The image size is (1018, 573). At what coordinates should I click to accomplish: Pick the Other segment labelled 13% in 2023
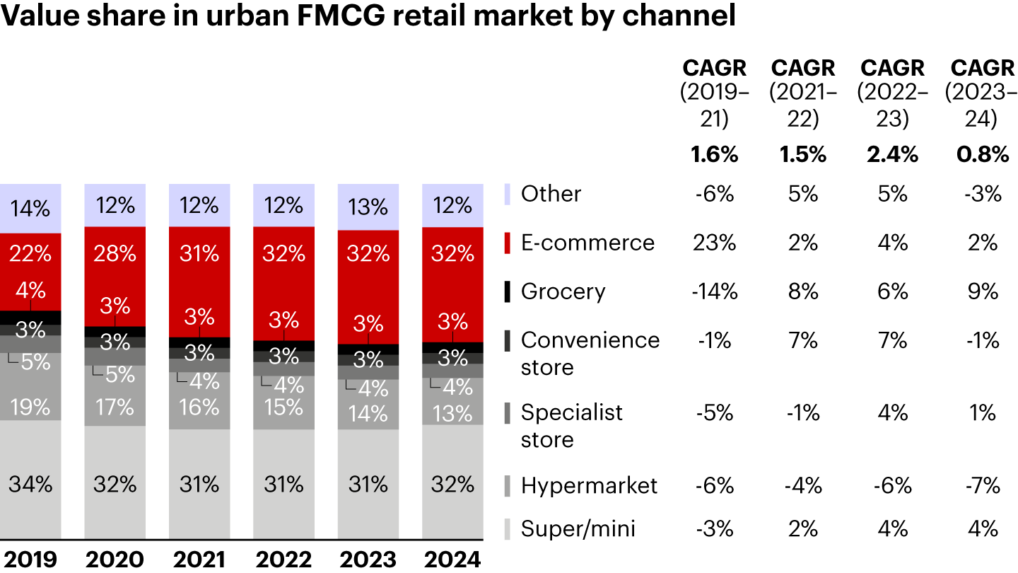click(x=368, y=207)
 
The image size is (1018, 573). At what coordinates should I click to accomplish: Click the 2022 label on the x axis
click(x=283, y=560)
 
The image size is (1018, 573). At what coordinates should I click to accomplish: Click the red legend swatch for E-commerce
click(x=507, y=243)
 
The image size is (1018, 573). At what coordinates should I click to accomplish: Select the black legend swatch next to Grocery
click(x=507, y=291)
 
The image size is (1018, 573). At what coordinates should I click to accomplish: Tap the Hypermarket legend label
click(x=589, y=486)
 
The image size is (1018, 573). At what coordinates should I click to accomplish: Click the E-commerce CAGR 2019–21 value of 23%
click(x=714, y=243)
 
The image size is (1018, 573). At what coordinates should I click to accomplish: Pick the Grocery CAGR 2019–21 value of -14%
click(x=714, y=291)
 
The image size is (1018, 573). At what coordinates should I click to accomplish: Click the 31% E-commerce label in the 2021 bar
click(x=199, y=253)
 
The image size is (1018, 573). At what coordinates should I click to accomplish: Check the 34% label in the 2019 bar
click(x=30, y=485)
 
